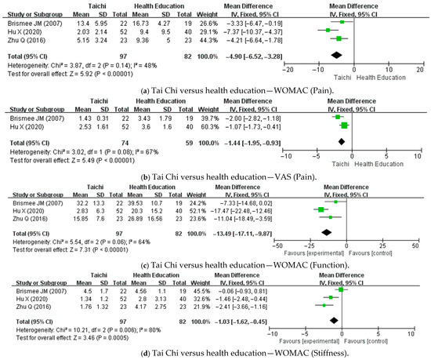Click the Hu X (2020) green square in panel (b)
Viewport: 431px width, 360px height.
[344, 125]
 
